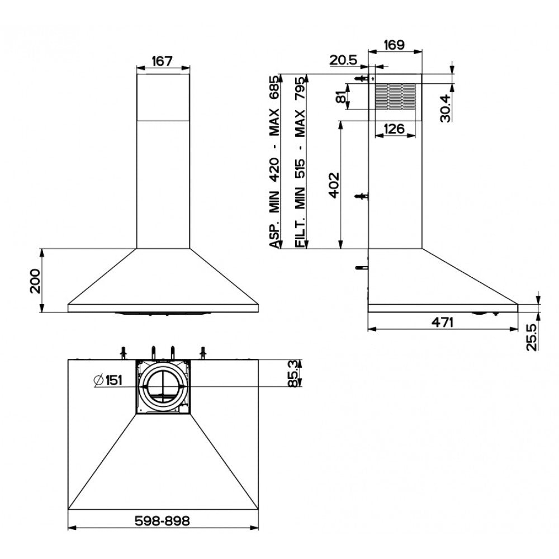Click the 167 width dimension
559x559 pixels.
click(162, 61)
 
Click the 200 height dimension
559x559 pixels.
click(36, 281)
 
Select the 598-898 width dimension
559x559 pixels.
click(162, 521)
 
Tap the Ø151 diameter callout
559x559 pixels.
click(108, 380)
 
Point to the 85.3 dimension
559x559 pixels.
click(293, 373)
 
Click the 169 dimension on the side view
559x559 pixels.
click(394, 45)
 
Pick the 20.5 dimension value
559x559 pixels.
click(343, 60)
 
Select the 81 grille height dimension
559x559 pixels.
click(341, 96)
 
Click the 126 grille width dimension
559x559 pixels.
click(394, 129)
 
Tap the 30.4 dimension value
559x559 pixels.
click(446, 108)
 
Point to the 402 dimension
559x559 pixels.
click(334, 185)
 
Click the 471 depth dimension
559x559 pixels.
click(442, 323)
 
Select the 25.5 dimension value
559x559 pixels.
click(532, 337)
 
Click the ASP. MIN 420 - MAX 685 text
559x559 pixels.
click(274, 162)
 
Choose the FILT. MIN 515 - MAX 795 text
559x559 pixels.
click(300, 162)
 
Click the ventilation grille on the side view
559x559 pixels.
click(395, 97)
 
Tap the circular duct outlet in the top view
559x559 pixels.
click(163, 386)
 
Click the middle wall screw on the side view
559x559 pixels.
click(361, 196)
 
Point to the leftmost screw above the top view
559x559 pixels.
click(124, 352)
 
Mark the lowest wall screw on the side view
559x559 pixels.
click(361, 267)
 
